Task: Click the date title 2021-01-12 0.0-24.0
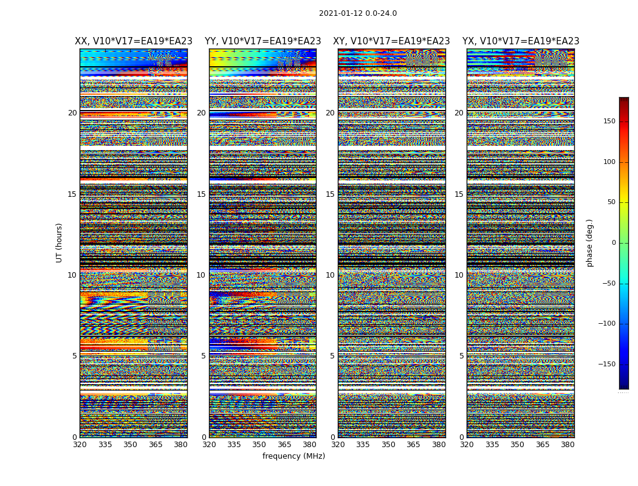point(358,13)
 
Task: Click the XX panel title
point(134,41)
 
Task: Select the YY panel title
point(262,41)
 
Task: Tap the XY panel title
point(391,41)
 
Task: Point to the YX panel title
point(521,41)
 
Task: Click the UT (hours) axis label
point(59,242)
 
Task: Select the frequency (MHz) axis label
point(293,456)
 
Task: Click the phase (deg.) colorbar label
point(589,243)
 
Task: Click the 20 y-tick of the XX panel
point(72,113)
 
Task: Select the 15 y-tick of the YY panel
point(201,194)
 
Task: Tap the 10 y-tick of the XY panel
point(330,275)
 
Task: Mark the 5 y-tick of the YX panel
point(461,356)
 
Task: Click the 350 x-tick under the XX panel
point(131,445)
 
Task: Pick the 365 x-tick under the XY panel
point(413,445)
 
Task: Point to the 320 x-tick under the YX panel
point(467,445)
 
